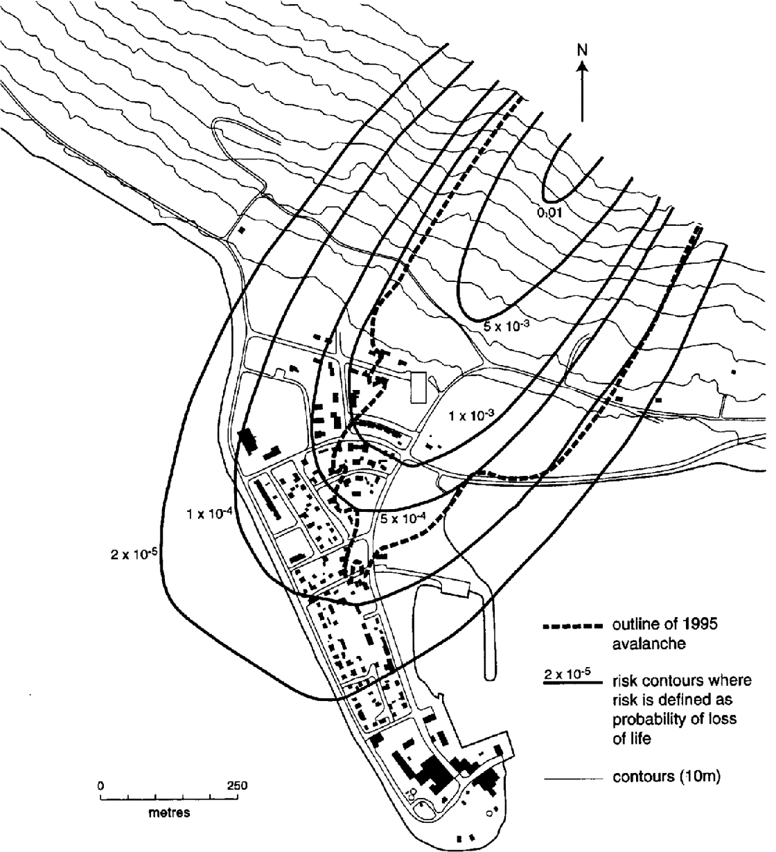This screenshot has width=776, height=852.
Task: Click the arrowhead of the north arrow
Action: [582, 66]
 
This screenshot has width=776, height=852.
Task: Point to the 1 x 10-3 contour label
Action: [471, 416]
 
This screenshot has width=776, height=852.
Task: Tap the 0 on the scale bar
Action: [101, 786]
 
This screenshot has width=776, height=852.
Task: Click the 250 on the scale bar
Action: [236, 786]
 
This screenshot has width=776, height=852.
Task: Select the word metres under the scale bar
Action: [170, 813]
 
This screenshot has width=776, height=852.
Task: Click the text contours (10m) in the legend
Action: [667, 777]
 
